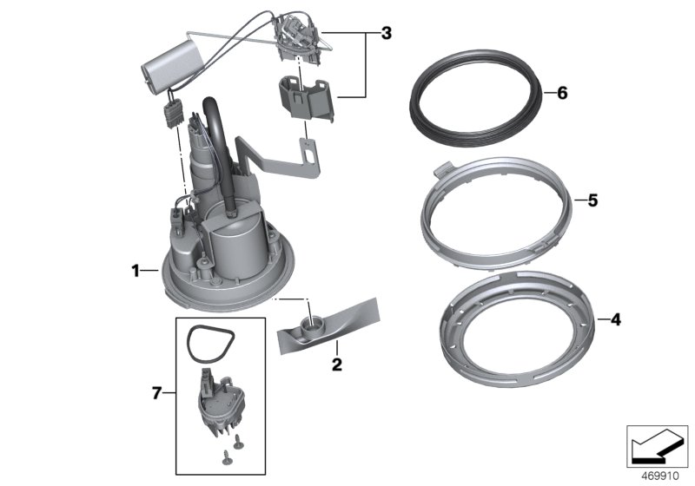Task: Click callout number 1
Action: [136, 271]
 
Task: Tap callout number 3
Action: [386, 34]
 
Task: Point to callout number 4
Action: [615, 319]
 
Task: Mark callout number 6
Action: [561, 92]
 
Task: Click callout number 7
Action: [157, 394]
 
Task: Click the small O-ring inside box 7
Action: [206, 343]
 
